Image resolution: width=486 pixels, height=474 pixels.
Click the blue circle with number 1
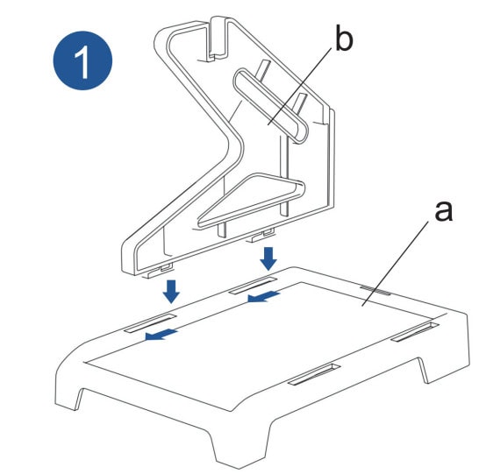tap(82, 60)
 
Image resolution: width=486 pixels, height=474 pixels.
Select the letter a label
tap(443, 211)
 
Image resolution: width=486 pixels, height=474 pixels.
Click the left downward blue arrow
tap(171, 292)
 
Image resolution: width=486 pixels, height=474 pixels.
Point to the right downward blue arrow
tap(268, 258)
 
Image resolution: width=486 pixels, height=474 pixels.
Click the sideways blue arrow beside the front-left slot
tap(161, 335)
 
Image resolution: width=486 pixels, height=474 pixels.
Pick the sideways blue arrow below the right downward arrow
tap(264, 296)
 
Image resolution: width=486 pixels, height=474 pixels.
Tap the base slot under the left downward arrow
tap(150, 323)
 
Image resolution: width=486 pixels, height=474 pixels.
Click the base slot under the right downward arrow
tap(252, 285)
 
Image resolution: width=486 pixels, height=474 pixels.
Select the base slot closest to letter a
tap(415, 331)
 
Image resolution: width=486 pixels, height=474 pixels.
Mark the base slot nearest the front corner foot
tap(314, 375)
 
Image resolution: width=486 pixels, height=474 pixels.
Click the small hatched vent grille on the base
tap(375, 290)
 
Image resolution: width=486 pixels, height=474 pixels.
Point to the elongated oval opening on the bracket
tap(269, 106)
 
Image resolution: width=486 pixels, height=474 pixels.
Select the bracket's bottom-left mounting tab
tap(158, 271)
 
